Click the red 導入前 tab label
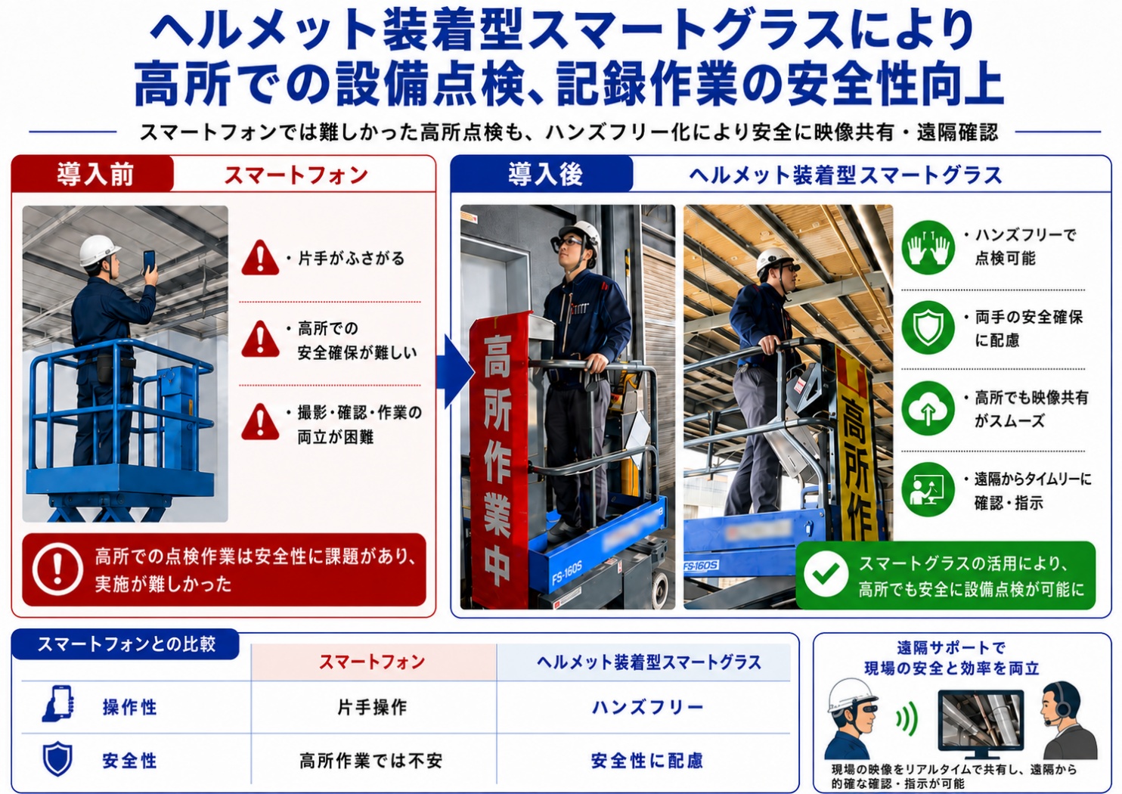[95, 175]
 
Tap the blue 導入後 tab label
[545, 175]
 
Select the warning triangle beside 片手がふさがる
[260, 258]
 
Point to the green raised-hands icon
[928, 247]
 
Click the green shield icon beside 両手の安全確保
[928, 327]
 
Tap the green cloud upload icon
[928, 408]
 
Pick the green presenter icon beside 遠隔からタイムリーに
[928, 489]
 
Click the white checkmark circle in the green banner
[826, 574]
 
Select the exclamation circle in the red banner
[57, 569]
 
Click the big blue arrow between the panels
[455, 371]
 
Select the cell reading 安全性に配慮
[647, 761]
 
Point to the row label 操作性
[130, 707]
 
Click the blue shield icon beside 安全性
[57, 758]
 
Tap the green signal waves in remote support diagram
[907, 719]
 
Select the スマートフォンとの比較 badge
[126, 644]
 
